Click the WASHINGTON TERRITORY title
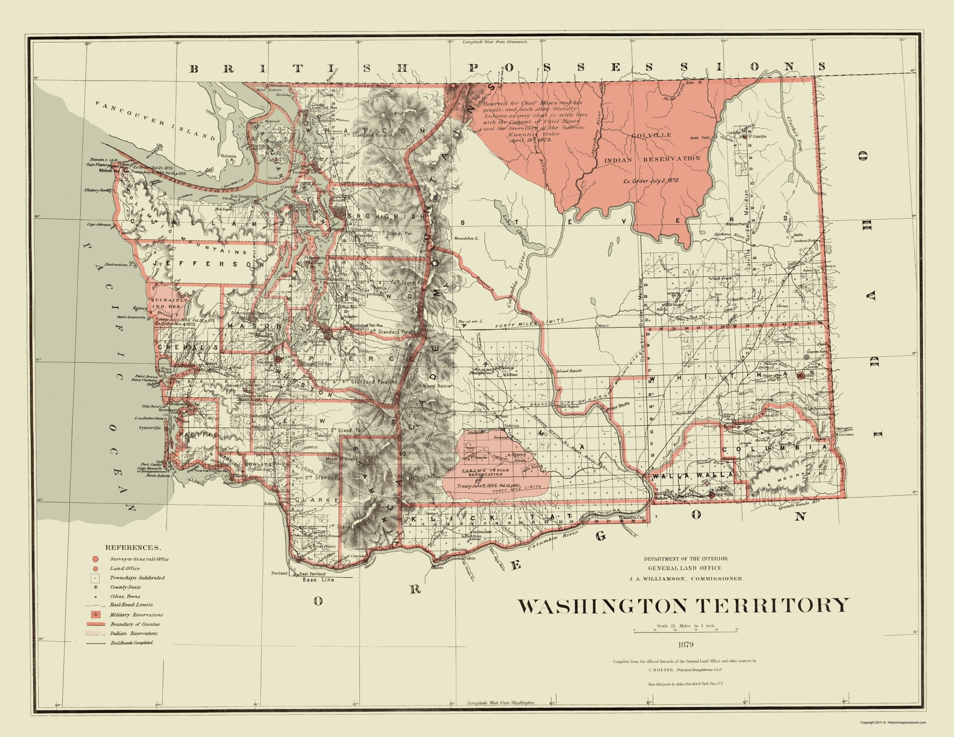coord(684,606)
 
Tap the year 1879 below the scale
coord(686,657)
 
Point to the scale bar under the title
coord(686,643)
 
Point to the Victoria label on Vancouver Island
coord(228,156)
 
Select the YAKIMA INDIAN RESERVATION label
coord(480,472)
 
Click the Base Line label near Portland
coord(318,580)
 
